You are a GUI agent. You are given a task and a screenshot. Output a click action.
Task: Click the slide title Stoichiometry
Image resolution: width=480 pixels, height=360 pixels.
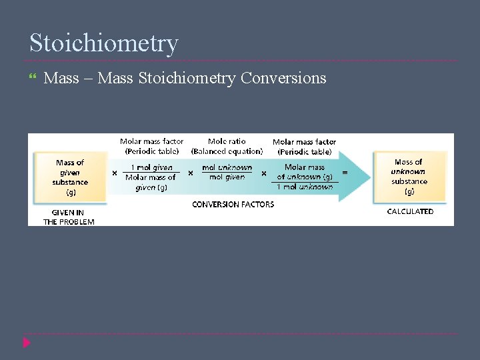coord(104,43)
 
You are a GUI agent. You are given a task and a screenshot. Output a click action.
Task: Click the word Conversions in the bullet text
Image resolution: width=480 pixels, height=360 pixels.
coord(283,78)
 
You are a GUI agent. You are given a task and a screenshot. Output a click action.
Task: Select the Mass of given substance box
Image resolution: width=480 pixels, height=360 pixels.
coord(70,177)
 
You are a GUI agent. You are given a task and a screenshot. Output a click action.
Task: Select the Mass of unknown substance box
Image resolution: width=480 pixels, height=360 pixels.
coord(409,177)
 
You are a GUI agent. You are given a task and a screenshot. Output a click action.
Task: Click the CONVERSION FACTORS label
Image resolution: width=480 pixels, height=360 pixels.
coord(233,205)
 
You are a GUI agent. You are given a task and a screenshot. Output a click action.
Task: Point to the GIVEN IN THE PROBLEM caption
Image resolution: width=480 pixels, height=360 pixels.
coord(69,217)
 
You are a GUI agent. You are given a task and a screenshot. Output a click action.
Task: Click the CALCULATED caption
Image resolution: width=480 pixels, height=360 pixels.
coord(410,211)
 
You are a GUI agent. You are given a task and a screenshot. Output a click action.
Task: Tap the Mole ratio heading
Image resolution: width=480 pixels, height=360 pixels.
coord(227,141)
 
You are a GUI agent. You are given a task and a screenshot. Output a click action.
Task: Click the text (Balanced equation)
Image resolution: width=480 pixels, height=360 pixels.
coord(227,151)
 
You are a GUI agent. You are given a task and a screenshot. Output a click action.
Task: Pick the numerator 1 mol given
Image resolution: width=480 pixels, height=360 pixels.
coord(151,167)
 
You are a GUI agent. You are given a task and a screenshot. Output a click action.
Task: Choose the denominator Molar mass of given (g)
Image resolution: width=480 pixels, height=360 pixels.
coord(151,182)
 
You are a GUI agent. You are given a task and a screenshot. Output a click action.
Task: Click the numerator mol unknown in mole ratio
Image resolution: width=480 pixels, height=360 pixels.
coord(227,167)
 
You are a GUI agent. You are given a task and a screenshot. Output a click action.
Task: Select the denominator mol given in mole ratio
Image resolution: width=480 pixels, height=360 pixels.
coord(227,177)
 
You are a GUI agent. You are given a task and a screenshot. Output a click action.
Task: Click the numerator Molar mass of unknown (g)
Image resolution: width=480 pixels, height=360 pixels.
coord(305,172)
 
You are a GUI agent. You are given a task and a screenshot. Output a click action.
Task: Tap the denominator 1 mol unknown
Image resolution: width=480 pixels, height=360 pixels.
coord(305,187)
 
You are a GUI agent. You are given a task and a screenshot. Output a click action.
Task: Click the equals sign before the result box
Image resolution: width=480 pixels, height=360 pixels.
coord(345,172)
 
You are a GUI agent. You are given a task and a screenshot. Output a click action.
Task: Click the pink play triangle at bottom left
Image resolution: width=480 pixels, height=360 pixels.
coord(27,343)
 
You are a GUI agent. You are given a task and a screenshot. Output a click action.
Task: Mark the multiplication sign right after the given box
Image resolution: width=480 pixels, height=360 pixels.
coord(115,173)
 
